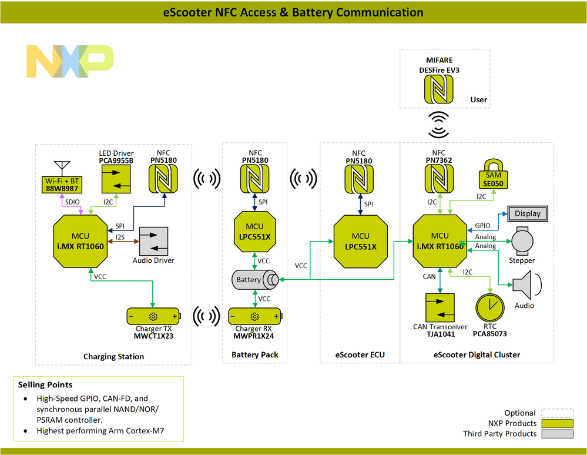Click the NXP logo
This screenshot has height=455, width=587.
pyautogui.click(x=69, y=61)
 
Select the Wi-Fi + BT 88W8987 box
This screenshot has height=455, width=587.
pyautogui.click(x=62, y=185)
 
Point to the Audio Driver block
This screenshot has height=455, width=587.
pyautogui.click(x=153, y=241)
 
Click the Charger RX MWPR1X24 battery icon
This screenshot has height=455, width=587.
pyautogui.click(x=255, y=316)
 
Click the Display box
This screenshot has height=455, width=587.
pyautogui.click(x=528, y=213)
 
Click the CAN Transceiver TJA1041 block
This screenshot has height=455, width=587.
pyautogui.click(x=440, y=307)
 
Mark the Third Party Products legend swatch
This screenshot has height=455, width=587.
pyautogui.click(x=556, y=434)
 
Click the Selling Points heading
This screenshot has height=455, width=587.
pyautogui.click(x=45, y=384)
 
